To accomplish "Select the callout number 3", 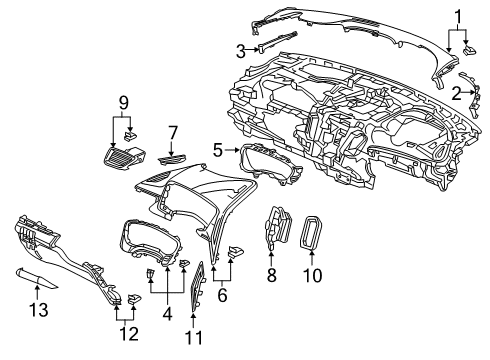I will pyautogui.click(x=241, y=51).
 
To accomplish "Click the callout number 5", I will pyautogui.click(x=218, y=150).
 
